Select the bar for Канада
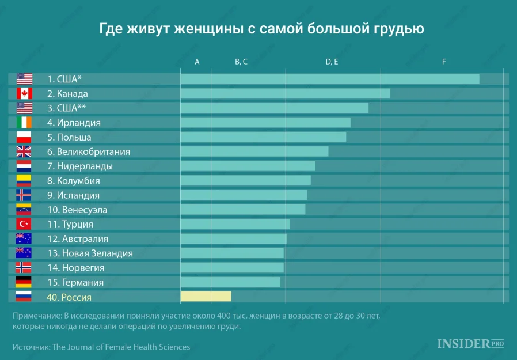click(x=285, y=93)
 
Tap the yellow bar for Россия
click(x=206, y=297)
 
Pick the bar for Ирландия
click(x=265, y=123)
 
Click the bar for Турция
click(x=235, y=224)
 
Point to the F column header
click(x=444, y=62)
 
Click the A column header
click(x=197, y=62)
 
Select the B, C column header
click(x=241, y=62)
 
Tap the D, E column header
click(x=332, y=62)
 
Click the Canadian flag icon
click(x=24, y=93)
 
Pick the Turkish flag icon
click(x=24, y=224)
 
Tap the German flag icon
click(x=24, y=282)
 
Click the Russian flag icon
click(x=24, y=297)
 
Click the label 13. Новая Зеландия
click(x=90, y=253)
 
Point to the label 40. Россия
click(x=69, y=297)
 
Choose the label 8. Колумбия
click(x=78, y=181)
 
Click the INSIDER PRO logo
click(x=470, y=344)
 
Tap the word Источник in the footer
click(x=31, y=347)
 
